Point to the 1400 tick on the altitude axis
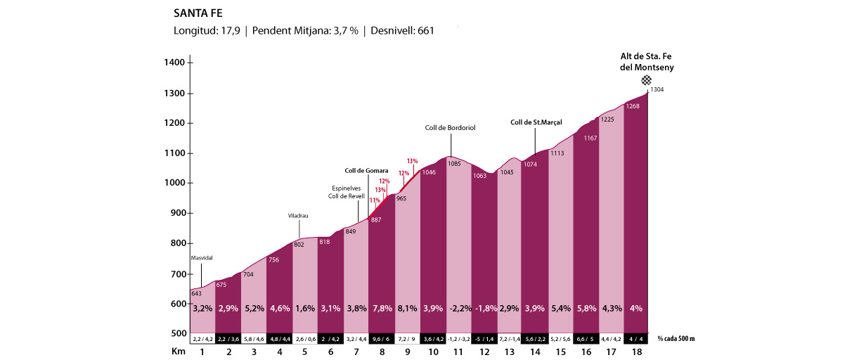[x=175, y=63]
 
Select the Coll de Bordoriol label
[x=451, y=128]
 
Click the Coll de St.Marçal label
[x=536, y=122]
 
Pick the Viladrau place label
[x=299, y=215]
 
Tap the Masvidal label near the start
[x=202, y=258]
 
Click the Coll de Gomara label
[x=366, y=170]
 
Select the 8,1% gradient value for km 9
[x=407, y=309]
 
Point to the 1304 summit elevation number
[x=657, y=89]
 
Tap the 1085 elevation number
[x=454, y=164]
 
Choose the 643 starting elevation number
[x=197, y=293]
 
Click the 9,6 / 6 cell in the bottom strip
[x=382, y=339]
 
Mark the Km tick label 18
[x=635, y=352]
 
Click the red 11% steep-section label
[x=375, y=200]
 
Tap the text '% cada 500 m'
[x=676, y=339]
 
